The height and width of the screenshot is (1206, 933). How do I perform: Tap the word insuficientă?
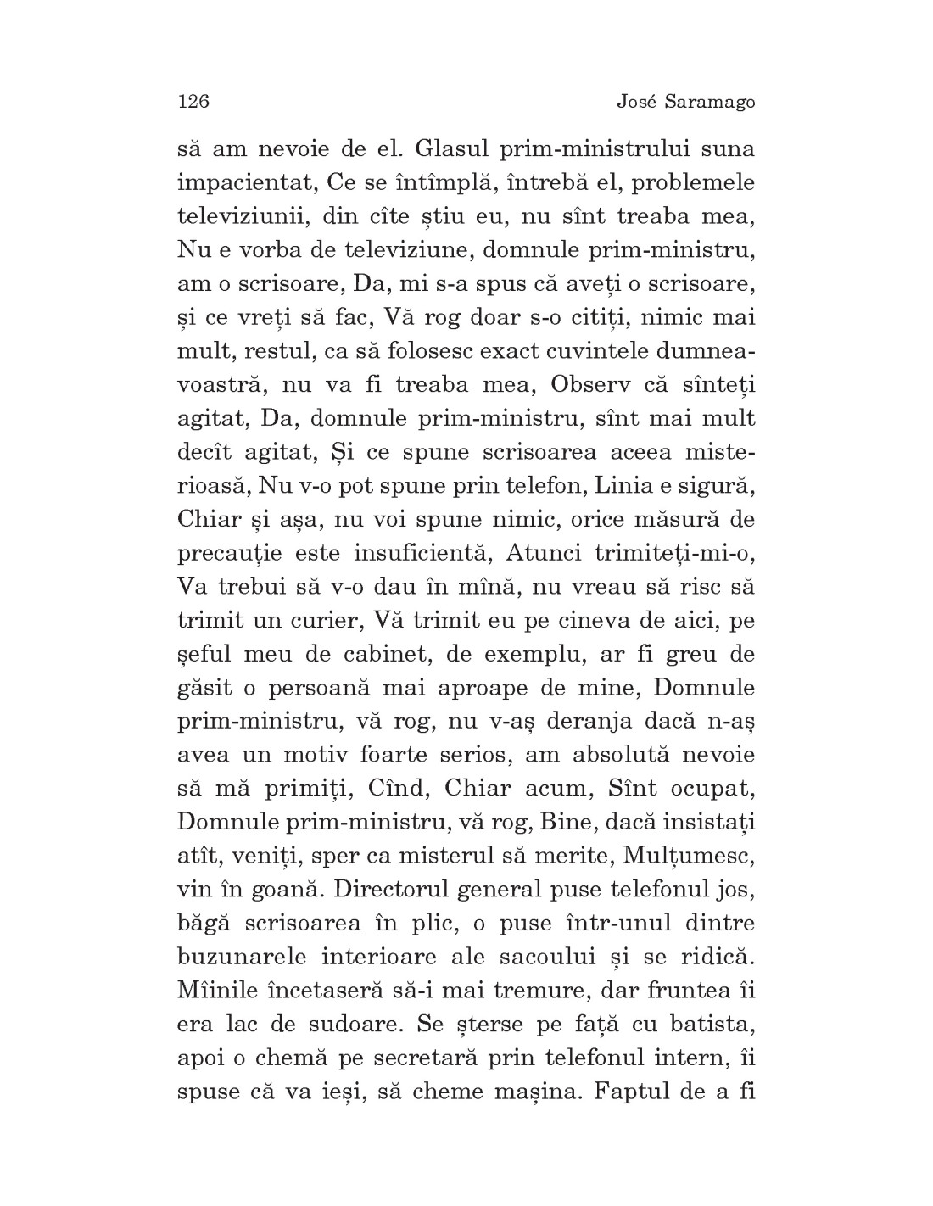click(x=422, y=553)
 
